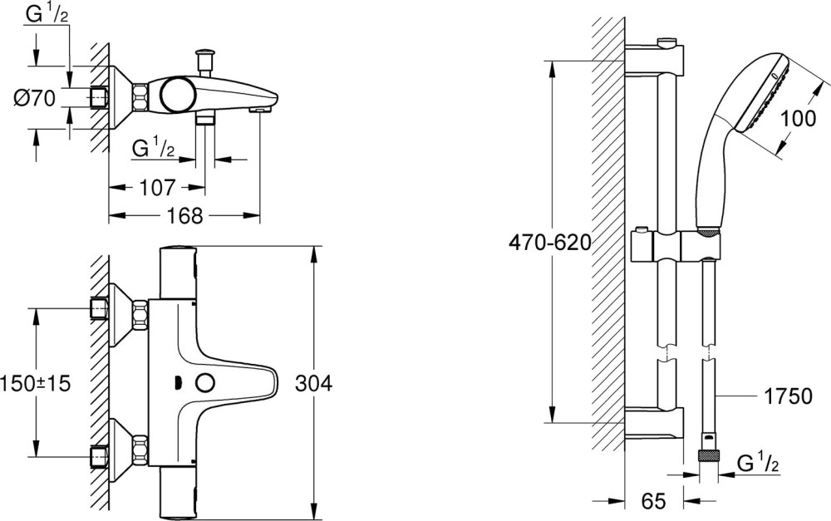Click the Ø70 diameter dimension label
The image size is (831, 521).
pos(35,99)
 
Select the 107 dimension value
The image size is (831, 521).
pos(157,188)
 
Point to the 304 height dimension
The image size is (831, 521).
pos(314,383)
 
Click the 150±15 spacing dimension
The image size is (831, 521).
pos(36,383)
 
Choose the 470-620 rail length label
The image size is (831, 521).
pos(549,243)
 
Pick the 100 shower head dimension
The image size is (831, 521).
pos(799,119)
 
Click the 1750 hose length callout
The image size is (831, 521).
pos(788,396)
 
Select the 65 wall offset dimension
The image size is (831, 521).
pos(653,501)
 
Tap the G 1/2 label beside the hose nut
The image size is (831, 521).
pos(758,464)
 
